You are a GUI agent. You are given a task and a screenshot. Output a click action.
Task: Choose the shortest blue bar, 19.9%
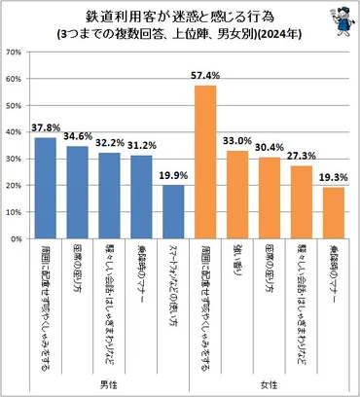pyautogui.click(x=173, y=211)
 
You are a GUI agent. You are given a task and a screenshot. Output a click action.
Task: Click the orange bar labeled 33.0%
pyautogui.click(x=237, y=194)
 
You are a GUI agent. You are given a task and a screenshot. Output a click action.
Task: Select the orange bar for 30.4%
pyautogui.click(x=270, y=198)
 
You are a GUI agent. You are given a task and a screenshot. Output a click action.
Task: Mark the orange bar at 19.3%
pyautogui.click(x=333, y=212)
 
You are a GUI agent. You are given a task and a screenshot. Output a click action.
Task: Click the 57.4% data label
pyautogui.click(x=205, y=76)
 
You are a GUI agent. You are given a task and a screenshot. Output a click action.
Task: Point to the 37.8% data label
pyautogui.click(x=45, y=127)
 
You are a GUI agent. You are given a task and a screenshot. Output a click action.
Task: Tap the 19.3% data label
pyautogui.click(x=333, y=177)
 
